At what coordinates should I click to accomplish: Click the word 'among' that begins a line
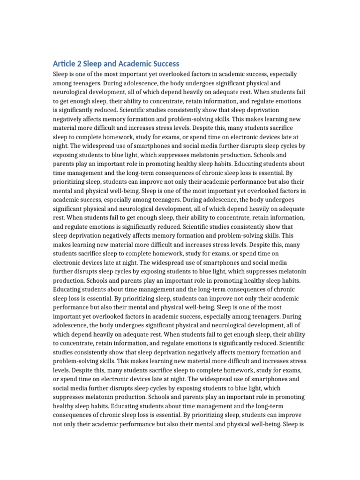point(63,83)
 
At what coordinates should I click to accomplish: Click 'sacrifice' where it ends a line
point(292,137)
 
